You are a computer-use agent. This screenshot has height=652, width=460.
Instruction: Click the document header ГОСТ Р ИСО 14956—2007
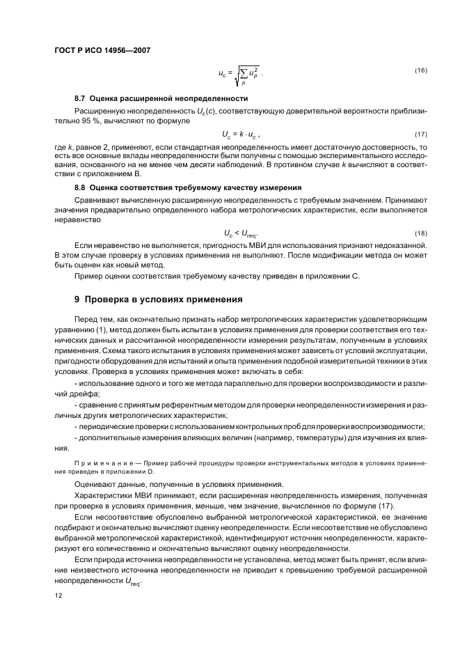(102, 50)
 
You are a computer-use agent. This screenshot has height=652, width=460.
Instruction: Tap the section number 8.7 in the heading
(79, 98)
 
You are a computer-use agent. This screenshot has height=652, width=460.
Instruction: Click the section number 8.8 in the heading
(79, 187)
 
